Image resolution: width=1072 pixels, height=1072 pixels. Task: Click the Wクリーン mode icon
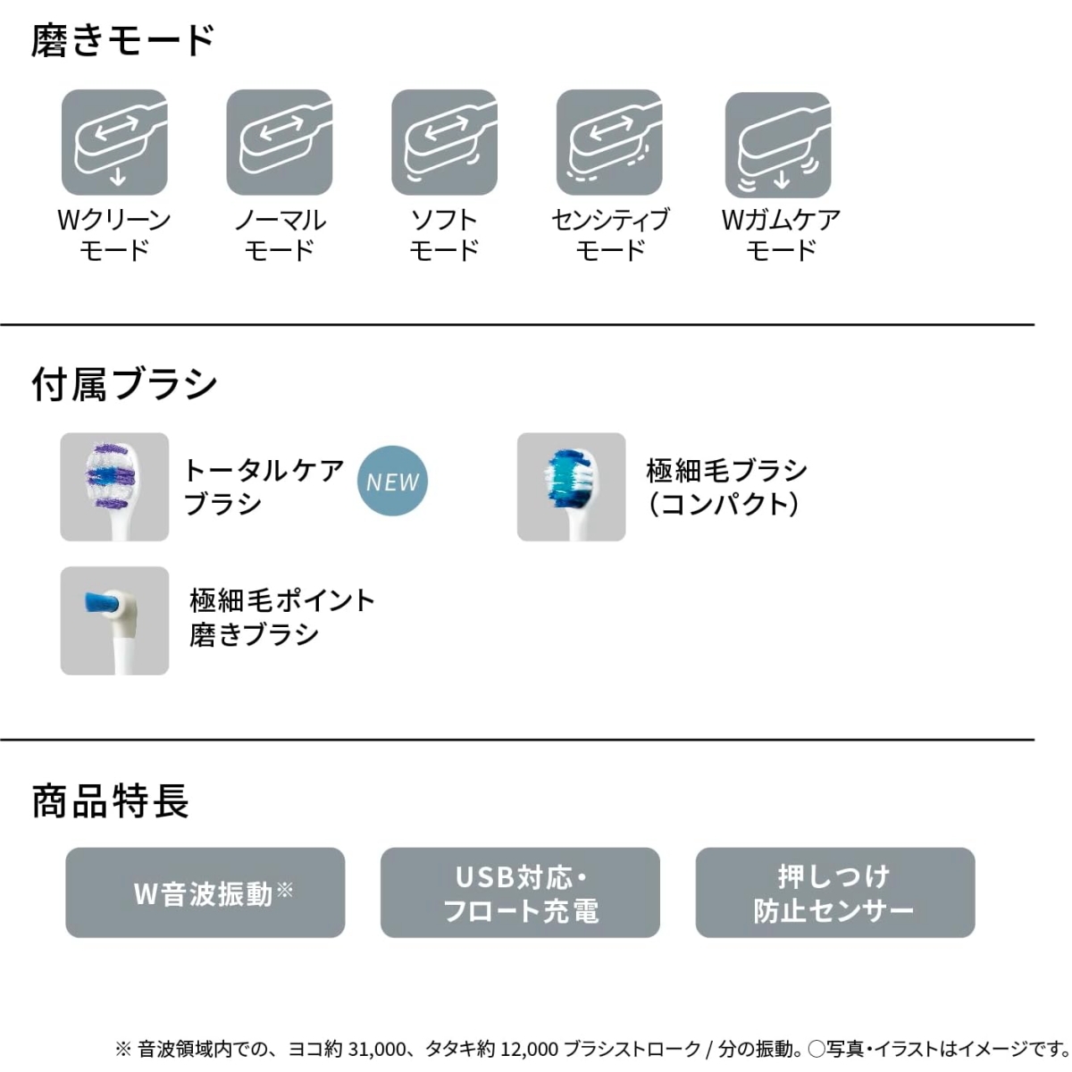(x=114, y=142)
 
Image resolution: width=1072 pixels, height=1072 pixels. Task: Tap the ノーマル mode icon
(x=280, y=142)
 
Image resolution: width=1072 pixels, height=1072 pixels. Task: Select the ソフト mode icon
(x=445, y=142)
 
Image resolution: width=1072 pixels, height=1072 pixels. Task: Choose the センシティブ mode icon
(x=609, y=142)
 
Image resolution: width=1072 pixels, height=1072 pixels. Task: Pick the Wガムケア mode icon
(x=778, y=146)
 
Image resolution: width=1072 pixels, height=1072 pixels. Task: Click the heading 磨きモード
(x=123, y=40)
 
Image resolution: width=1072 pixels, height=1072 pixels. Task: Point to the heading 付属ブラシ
(x=124, y=384)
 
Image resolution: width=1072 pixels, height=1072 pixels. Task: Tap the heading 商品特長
(x=110, y=801)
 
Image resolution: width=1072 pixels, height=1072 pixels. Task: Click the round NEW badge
(x=392, y=482)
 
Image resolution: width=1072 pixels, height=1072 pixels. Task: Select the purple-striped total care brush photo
(x=114, y=487)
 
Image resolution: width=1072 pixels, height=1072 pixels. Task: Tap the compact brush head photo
(x=572, y=487)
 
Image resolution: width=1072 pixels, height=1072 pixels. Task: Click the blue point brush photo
(x=114, y=621)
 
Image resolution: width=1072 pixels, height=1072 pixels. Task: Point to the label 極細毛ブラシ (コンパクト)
(x=726, y=488)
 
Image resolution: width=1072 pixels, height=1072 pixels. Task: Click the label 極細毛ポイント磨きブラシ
(x=282, y=617)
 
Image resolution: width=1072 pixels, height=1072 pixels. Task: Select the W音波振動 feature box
(x=205, y=892)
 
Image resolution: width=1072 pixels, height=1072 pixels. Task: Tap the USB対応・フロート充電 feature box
(x=520, y=892)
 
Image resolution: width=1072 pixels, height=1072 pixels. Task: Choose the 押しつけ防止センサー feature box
(x=835, y=892)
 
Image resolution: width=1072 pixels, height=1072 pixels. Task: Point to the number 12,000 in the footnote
(x=529, y=1049)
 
